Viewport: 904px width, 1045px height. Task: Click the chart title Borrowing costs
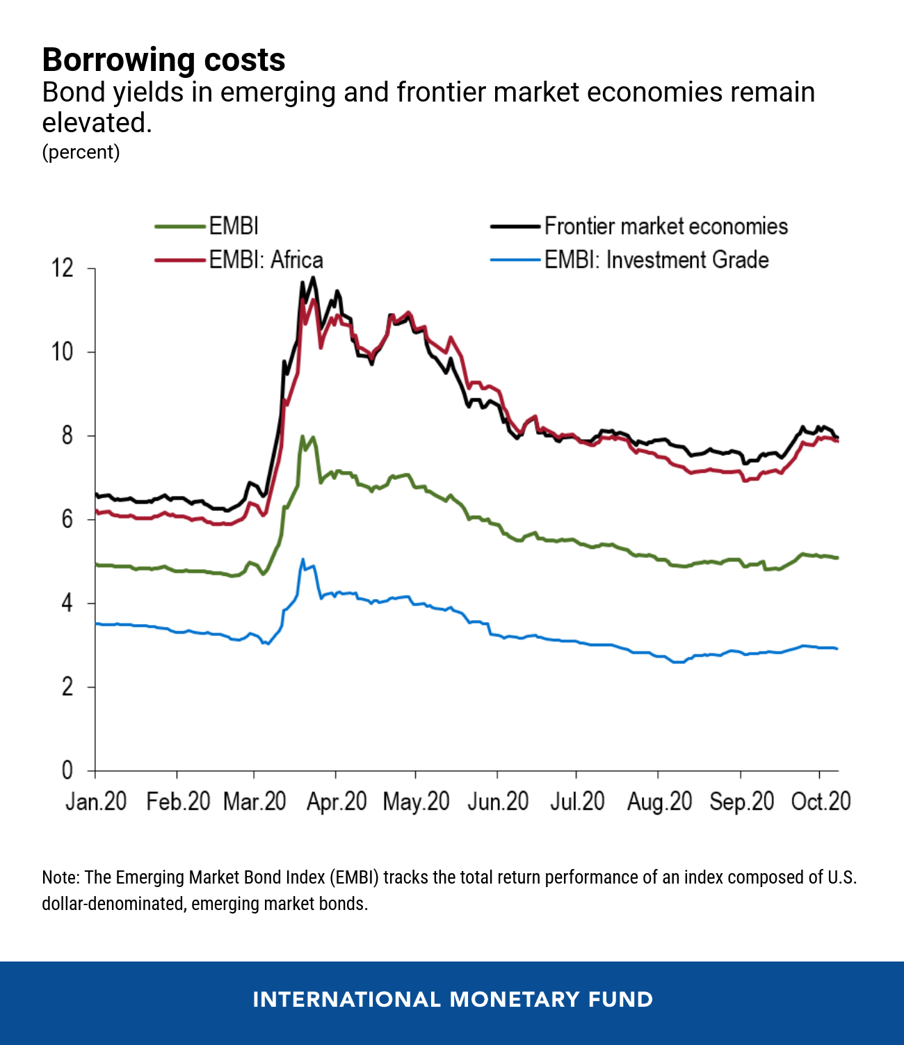[163, 60]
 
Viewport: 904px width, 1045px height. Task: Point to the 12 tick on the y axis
[63, 268]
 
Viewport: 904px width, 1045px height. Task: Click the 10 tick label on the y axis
[63, 352]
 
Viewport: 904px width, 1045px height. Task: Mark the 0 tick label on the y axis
[67, 770]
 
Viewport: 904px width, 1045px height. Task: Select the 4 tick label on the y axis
[67, 603]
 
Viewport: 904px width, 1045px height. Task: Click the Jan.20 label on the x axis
[96, 801]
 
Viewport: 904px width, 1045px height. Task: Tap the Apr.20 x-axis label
[337, 801]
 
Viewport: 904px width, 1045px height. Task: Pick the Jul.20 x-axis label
[577, 801]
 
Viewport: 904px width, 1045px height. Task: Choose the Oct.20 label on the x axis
[821, 801]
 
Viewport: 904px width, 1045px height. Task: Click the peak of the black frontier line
[314, 278]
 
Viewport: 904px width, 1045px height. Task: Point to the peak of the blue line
[302, 559]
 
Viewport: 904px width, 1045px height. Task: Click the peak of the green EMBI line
[302, 436]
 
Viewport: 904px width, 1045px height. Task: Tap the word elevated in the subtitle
[96, 122]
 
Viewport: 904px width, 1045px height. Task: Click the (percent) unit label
[81, 152]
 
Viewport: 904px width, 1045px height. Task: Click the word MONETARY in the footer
[515, 1000]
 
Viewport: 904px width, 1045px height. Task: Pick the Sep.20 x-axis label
[741, 801]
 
